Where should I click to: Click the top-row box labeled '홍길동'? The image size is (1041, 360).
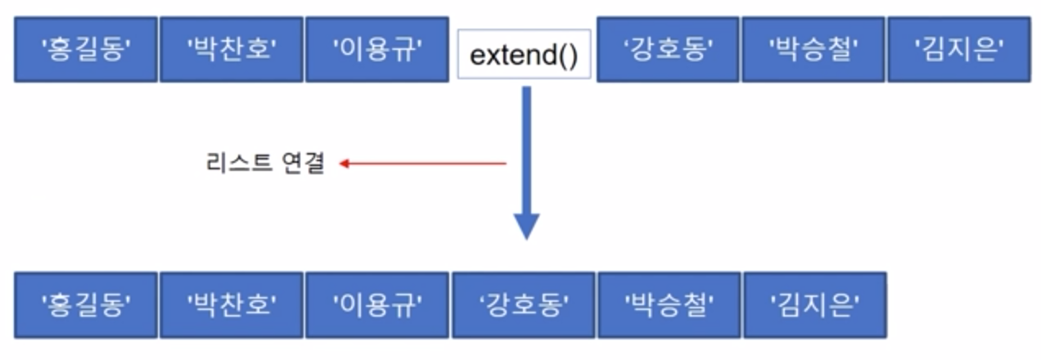pyautogui.click(x=85, y=50)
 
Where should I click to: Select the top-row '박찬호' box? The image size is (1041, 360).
pyautogui.click(x=232, y=50)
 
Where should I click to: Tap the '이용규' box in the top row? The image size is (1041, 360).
pyautogui.click(x=376, y=50)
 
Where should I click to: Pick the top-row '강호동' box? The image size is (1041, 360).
pyautogui.click(x=668, y=50)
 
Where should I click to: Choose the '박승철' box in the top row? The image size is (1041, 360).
pyautogui.click(x=813, y=50)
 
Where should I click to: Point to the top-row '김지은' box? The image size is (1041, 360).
pyautogui.click(x=958, y=50)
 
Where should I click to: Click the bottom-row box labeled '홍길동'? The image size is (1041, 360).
pyautogui.click(x=85, y=305)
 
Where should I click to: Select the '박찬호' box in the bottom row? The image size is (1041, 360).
pyautogui.click(x=232, y=305)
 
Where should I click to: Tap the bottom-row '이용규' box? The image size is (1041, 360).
pyautogui.click(x=376, y=305)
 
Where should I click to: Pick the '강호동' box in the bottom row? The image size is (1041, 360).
pyautogui.click(x=524, y=305)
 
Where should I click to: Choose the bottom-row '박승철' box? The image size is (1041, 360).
pyautogui.click(x=669, y=305)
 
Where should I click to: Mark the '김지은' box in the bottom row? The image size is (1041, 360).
pyautogui.click(x=814, y=305)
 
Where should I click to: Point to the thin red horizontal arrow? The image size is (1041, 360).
pyautogui.click(x=426, y=164)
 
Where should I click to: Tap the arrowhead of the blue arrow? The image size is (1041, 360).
pyautogui.click(x=526, y=225)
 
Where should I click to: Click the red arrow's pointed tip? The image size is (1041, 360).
pyautogui.click(x=342, y=164)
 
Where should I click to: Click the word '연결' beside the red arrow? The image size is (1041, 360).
pyautogui.click(x=303, y=164)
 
